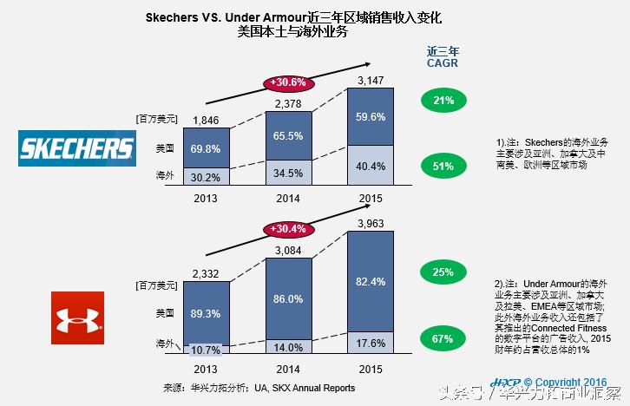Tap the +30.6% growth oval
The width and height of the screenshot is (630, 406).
click(288, 82)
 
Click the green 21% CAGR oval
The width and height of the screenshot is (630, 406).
click(443, 101)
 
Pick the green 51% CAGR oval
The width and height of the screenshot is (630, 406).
click(443, 167)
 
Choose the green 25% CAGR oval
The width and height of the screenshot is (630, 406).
click(443, 272)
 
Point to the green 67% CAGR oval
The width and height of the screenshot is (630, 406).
click(443, 338)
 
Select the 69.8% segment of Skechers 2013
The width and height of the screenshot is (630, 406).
click(207, 148)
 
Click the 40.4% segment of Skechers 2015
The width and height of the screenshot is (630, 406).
click(371, 166)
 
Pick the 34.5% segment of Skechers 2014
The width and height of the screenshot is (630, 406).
click(288, 174)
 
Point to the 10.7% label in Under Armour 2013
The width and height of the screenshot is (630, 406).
click(207, 350)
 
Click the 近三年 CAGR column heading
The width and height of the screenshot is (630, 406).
click(443, 56)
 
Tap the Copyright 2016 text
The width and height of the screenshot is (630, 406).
click(565, 382)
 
